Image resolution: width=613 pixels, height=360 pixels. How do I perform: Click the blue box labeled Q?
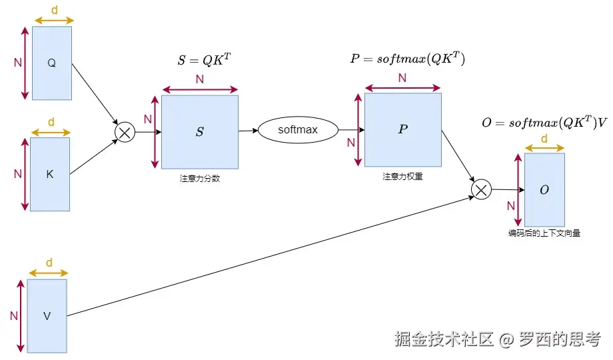[51, 63]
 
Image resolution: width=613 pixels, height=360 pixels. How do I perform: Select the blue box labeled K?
[50, 174]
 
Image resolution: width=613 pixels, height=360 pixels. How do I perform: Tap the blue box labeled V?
[47, 316]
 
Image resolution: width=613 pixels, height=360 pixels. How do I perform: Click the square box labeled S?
[199, 132]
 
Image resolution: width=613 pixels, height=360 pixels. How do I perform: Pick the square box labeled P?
[402, 129]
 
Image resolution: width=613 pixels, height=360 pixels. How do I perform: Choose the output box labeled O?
[544, 190]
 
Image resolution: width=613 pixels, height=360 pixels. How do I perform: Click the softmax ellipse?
[298, 130]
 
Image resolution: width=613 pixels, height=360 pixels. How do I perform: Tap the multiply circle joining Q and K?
[125, 132]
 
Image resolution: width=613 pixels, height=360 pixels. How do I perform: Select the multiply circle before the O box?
[481, 190]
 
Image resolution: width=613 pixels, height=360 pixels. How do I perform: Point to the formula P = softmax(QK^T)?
[407, 59]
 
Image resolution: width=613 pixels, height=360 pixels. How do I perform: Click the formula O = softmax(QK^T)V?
[544, 123]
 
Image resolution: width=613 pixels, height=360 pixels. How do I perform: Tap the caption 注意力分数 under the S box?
[199, 178]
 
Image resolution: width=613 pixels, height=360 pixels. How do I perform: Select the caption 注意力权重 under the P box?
[402, 177]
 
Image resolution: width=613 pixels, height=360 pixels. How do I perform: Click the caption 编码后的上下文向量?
[544, 234]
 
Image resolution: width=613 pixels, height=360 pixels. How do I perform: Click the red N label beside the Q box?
[18, 63]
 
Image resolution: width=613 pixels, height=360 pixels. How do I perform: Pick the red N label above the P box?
[402, 78]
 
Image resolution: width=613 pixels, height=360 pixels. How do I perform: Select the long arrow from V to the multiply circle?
[267, 253]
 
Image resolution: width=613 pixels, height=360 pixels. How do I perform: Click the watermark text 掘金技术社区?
[444, 339]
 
